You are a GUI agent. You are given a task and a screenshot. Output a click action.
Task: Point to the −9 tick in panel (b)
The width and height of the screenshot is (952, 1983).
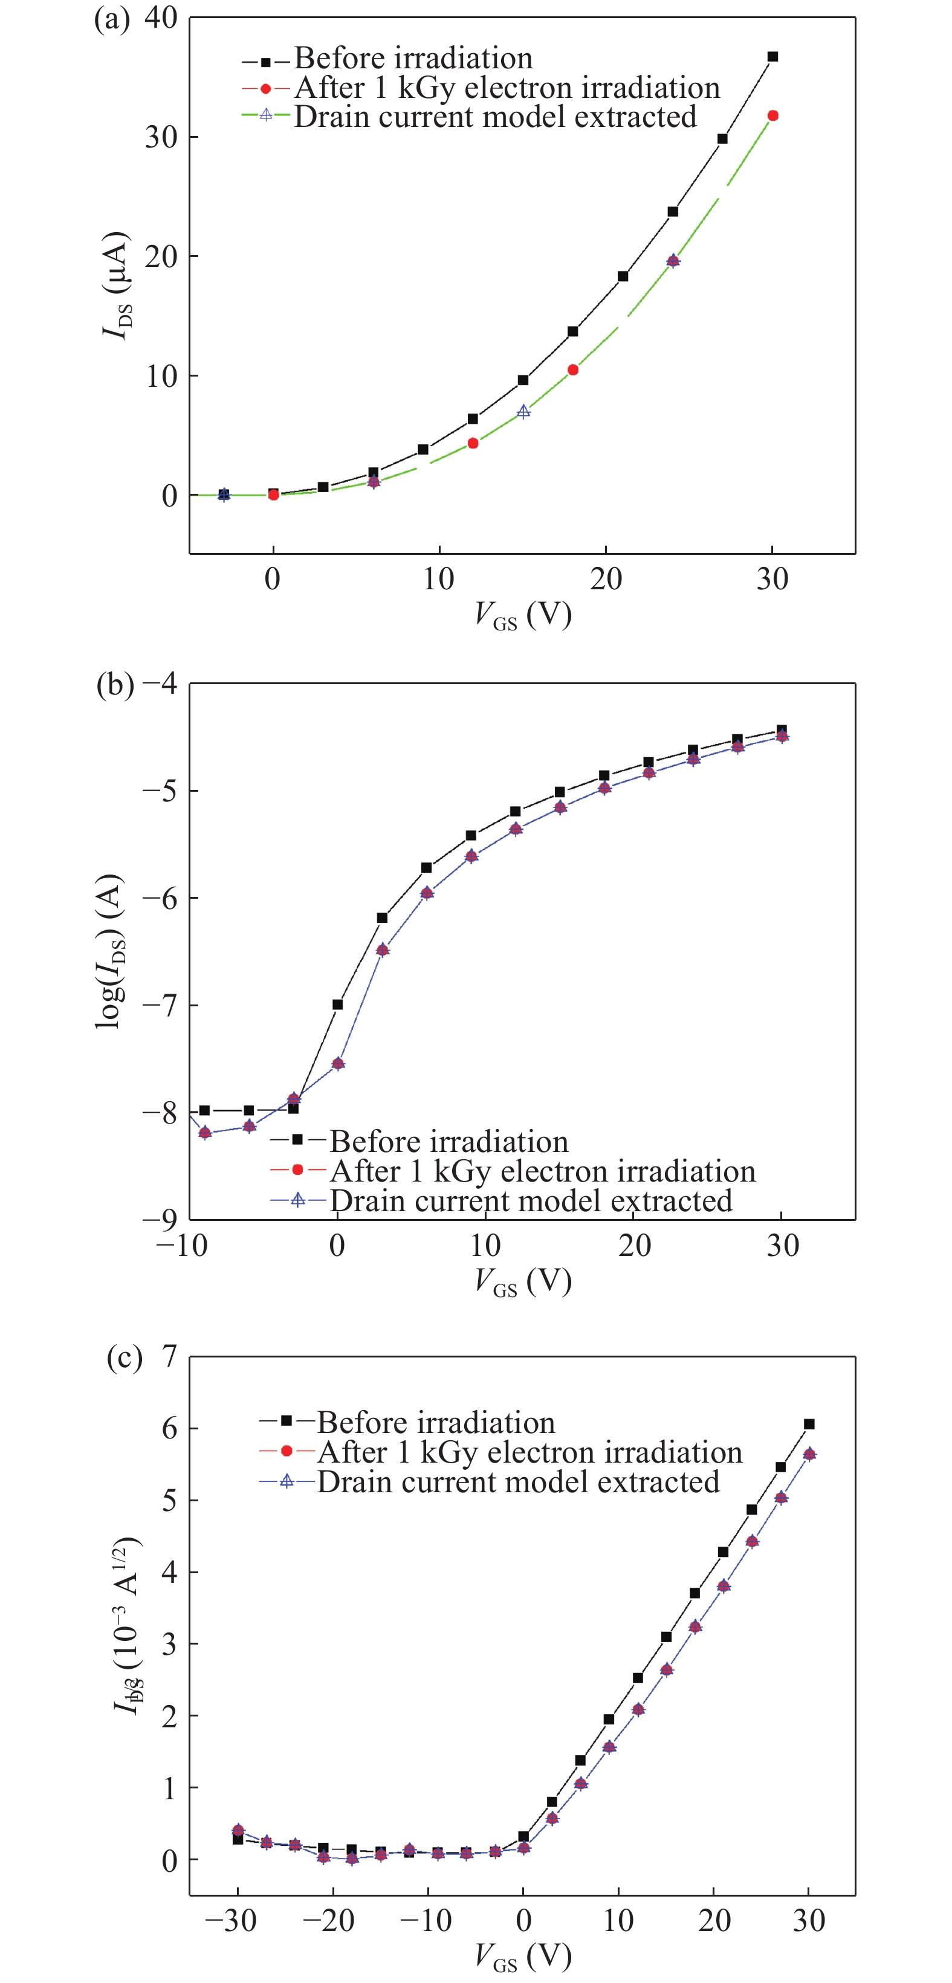point(160,1218)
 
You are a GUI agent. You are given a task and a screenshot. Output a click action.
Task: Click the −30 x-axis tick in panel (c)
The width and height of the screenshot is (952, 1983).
point(231,1920)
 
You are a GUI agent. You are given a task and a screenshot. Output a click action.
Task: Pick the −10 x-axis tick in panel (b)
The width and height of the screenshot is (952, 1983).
point(181,1245)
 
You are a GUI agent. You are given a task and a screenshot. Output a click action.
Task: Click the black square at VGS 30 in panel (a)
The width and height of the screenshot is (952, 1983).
point(772,57)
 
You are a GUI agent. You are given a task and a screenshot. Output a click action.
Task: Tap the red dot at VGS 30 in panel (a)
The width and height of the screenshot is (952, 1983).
point(772,115)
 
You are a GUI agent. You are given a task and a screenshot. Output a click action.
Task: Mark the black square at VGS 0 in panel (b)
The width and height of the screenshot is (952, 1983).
point(337,1004)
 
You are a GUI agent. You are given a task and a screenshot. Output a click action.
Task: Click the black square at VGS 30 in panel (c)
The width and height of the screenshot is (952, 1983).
point(809,1424)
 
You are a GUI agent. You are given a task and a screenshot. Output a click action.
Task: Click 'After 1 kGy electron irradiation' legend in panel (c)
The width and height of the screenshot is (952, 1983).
point(529,1452)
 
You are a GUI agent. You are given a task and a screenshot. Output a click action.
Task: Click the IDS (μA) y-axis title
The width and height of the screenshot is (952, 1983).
point(117,285)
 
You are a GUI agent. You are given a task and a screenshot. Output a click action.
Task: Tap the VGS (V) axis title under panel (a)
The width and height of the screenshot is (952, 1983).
point(523,615)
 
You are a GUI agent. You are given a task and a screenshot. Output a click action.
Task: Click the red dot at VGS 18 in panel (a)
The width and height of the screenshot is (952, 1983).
point(572,370)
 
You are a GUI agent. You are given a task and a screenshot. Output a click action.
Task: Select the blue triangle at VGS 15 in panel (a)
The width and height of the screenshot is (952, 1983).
point(523,412)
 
